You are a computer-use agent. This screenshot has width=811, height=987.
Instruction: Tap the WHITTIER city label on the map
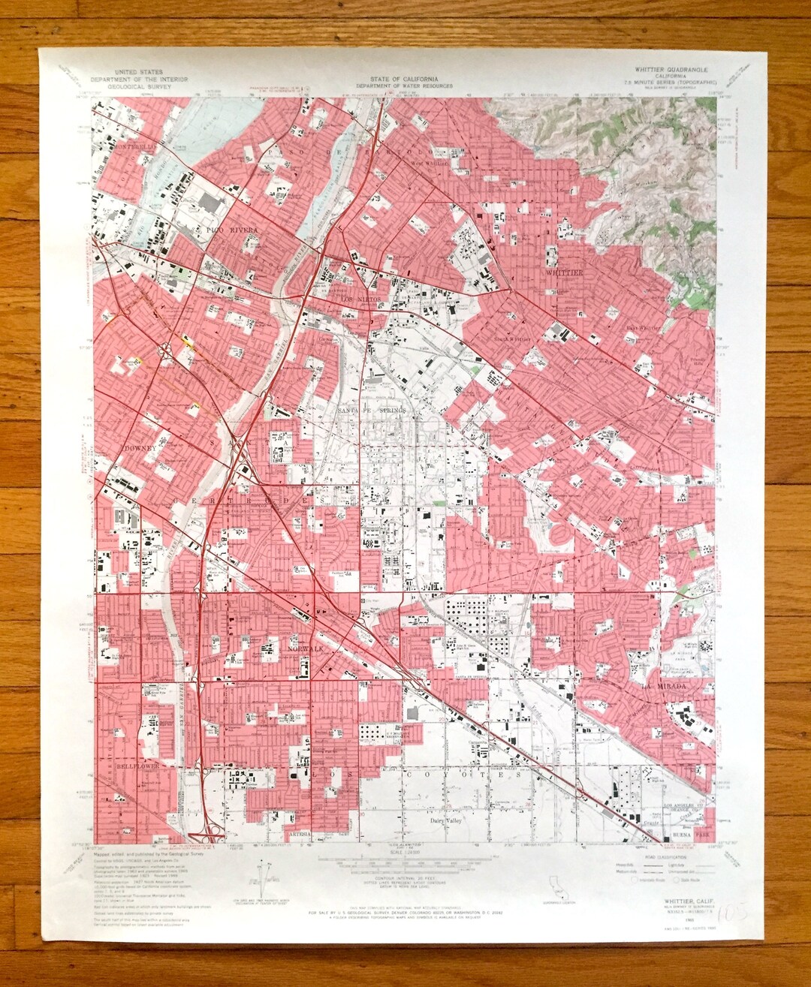click(563, 273)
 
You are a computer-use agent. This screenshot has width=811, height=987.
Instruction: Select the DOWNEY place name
click(137, 448)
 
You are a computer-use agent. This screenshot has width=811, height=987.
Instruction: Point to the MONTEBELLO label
click(137, 148)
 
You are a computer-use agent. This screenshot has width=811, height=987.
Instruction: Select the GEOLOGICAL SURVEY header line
click(139, 86)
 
